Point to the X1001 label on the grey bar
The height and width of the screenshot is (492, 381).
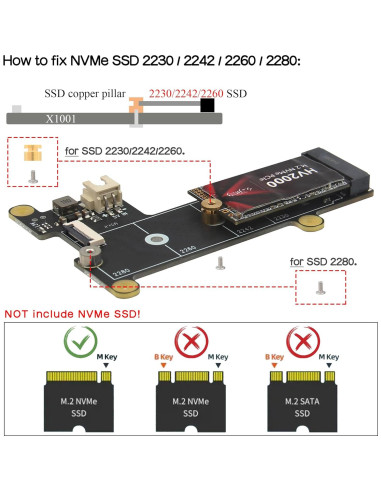60,116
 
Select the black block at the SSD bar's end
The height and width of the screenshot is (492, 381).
207,104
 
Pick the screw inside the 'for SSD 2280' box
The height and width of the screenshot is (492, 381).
320,287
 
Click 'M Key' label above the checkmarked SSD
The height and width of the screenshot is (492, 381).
104,357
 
